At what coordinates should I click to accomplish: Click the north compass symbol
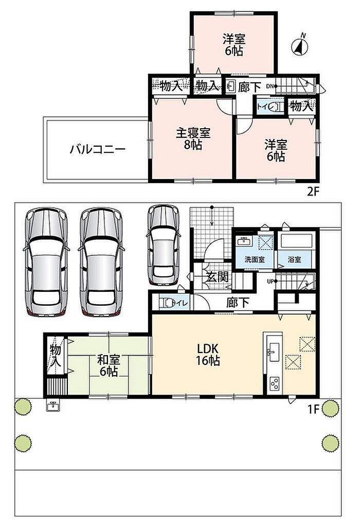[300, 46]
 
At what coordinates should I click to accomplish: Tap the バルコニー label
[97, 149]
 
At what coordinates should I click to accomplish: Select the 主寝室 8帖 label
[193, 139]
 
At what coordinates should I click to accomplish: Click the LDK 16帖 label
[208, 354]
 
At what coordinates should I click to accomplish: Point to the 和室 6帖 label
[108, 365]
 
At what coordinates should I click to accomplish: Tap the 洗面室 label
[254, 259]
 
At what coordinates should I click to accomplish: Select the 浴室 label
[295, 259]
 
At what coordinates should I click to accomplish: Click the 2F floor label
[313, 191]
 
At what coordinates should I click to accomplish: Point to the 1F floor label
[313, 410]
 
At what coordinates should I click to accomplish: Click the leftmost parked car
[46, 261]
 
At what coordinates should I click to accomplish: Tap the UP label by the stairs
[271, 282]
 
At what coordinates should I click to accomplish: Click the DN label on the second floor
[269, 86]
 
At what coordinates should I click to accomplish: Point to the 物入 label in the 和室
[56, 355]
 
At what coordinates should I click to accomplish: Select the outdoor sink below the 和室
[53, 406]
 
